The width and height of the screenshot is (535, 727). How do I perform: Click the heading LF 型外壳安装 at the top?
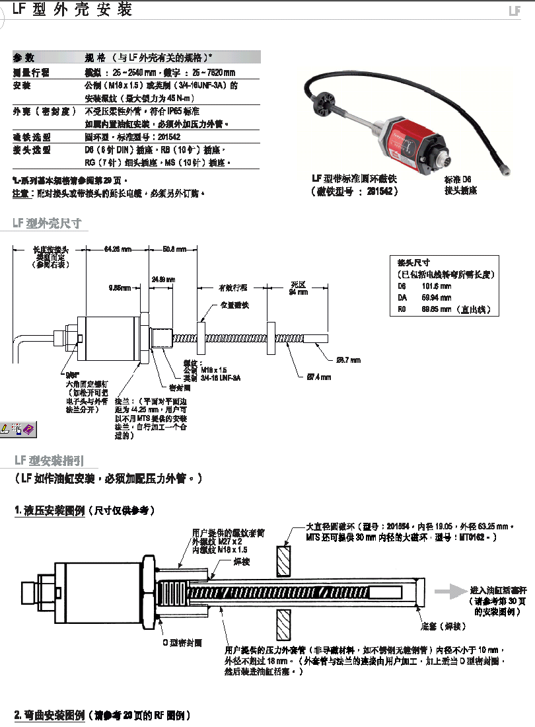(73, 9)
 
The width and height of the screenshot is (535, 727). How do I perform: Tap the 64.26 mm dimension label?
(118, 249)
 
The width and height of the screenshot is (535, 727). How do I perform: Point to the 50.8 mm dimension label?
(174, 249)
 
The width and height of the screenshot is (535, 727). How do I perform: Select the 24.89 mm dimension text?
(162, 279)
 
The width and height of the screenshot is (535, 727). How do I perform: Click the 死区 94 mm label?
(298, 288)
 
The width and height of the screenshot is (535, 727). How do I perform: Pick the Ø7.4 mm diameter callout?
(318, 377)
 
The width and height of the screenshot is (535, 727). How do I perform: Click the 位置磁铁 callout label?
(234, 305)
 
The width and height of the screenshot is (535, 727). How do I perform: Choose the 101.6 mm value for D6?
(436, 287)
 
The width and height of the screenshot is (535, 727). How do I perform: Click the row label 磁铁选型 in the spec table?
(31, 137)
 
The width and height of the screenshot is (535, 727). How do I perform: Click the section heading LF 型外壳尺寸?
(48, 223)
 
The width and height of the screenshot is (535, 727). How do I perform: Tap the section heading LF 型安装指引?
(48, 460)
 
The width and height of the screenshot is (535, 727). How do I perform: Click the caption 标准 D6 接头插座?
(460, 184)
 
